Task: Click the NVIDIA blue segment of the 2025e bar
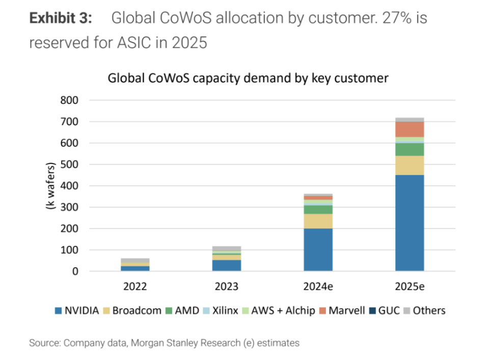[x=410, y=223]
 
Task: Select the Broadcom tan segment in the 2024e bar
[x=318, y=221]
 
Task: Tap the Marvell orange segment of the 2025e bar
[x=410, y=129]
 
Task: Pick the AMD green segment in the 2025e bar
[x=410, y=149]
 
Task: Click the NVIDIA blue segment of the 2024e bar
[x=318, y=250]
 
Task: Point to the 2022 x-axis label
[x=135, y=286]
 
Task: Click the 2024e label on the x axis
[x=318, y=286]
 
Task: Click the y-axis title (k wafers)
[x=51, y=186]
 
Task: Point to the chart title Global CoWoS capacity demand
[x=248, y=78]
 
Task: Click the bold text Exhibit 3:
[x=61, y=18]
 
